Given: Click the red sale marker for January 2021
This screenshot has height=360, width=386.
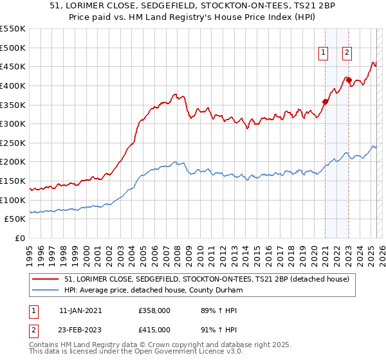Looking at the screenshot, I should point(325,101).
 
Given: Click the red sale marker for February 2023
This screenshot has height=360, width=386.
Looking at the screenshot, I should point(349,80).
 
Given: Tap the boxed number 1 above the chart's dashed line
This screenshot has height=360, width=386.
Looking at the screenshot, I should point(323,53).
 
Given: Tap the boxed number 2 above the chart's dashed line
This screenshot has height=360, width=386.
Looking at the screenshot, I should point(347,53).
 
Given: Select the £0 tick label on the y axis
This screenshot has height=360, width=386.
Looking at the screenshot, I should point(19,238).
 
